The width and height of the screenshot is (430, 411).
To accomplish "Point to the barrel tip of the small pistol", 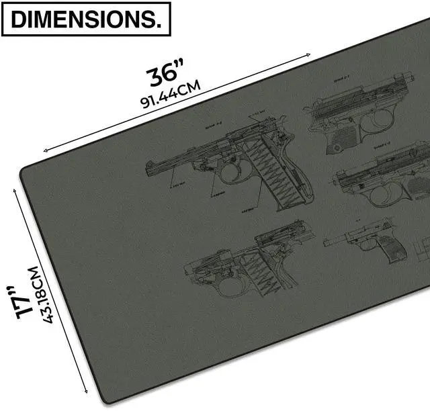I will pyautogui.click(x=326, y=241).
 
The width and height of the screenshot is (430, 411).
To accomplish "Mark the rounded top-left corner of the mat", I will pyautogui.click(x=27, y=168).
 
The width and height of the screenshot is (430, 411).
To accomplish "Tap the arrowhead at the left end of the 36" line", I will pyautogui.click(x=44, y=151).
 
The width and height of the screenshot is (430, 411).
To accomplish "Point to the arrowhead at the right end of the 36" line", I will pyautogui.click(x=310, y=56).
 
